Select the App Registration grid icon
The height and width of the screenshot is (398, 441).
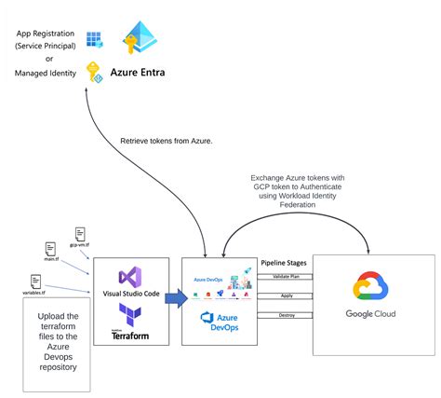click(95, 40)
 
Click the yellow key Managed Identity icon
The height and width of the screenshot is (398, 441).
click(94, 72)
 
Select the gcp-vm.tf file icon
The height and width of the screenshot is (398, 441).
click(81, 234)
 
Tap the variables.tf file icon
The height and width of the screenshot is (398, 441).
click(35, 281)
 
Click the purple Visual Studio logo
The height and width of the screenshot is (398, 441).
click(129, 277)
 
